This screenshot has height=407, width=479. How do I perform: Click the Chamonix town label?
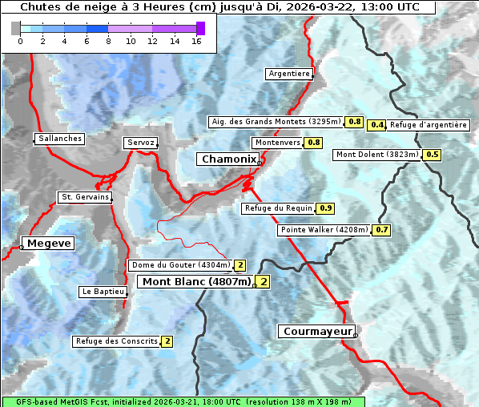point(228,159)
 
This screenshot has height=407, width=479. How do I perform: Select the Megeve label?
point(49,244)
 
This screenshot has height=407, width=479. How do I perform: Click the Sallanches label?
point(59,139)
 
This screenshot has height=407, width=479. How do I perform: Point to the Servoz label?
point(140,143)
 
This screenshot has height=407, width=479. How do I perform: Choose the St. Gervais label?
point(84,197)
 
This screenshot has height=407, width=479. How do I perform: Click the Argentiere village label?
point(289,74)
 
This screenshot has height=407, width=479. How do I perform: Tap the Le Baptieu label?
point(103,292)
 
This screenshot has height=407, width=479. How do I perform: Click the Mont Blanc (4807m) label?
point(196,282)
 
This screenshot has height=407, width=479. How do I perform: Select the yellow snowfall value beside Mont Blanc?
point(263,282)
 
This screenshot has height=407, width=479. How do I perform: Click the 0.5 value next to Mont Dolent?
point(433,155)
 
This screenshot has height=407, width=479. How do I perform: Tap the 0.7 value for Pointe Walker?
point(382,230)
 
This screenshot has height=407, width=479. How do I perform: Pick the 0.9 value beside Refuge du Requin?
point(326,208)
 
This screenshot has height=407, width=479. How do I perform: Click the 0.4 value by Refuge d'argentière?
point(377,125)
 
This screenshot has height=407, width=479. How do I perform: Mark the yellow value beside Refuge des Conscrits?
point(167,341)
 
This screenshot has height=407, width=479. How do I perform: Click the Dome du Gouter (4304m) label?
point(180,265)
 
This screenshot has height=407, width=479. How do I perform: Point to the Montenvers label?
point(277,143)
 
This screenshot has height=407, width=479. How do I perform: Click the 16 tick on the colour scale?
point(195,42)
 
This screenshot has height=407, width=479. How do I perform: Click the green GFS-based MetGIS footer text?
point(183,401)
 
